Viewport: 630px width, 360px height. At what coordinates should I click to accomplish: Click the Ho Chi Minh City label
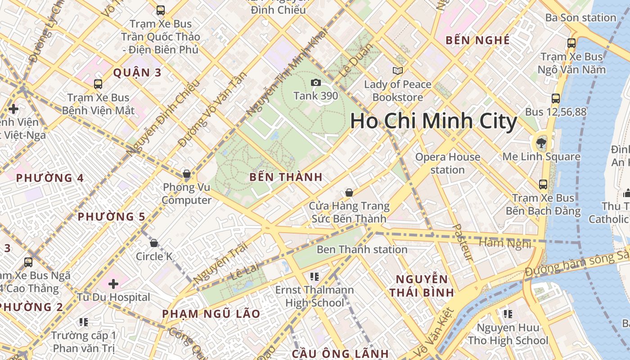click(x=433, y=121)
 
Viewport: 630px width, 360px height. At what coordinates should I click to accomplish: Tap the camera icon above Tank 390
click(x=316, y=82)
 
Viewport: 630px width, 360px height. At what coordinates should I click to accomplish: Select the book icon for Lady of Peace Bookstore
click(x=397, y=71)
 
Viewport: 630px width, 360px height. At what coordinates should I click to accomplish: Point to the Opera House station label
click(x=447, y=163)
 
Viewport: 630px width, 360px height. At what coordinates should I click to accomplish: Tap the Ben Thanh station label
click(x=362, y=249)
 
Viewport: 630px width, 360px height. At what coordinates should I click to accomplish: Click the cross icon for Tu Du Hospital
click(x=113, y=284)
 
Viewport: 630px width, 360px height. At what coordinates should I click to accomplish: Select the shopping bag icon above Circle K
click(x=154, y=243)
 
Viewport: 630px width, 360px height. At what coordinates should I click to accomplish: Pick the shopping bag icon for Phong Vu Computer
click(x=187, y=174)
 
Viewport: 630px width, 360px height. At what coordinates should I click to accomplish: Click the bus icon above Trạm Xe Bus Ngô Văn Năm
click(x=571, y=43)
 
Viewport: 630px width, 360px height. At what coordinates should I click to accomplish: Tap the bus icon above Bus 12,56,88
click(x=556, y=99)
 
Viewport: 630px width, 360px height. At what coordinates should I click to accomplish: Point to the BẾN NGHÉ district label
click(x=477, y=40)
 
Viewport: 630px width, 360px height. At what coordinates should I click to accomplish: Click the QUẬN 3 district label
click(x=137, y=72)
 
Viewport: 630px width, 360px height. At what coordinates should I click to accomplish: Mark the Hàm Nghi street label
click(x=504, y=243)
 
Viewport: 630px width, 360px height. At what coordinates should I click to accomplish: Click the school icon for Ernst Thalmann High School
click(x=315, y=276)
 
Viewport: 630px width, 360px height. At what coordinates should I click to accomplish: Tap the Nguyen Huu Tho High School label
click(x=508, y=334)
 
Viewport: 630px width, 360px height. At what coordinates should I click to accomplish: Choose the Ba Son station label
click(x=580, y=18)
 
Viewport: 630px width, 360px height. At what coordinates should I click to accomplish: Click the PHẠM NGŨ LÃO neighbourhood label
click(x=211, y=314)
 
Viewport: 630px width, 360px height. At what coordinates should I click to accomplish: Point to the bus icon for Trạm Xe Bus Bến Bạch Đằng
click(x=543, y=184)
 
